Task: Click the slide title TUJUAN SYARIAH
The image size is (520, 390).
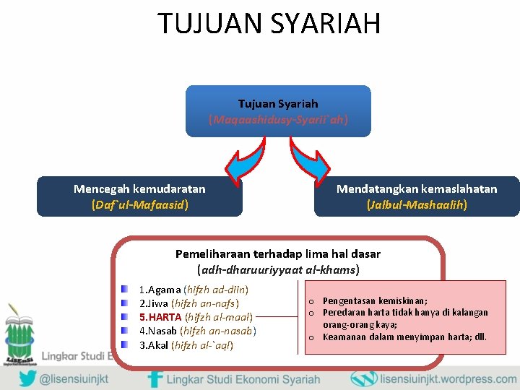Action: [269, 23]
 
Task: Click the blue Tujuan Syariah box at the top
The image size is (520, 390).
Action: [278, 111]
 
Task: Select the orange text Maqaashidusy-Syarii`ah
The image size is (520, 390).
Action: [278, 119]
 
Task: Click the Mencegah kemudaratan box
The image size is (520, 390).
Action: [139, 196]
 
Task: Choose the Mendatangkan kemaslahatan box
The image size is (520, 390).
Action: [417, 196]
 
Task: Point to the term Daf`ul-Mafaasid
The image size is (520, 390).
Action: [139, 204]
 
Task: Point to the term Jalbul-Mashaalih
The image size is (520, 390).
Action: [417, 204]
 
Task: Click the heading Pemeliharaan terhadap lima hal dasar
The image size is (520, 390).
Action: [277, 254]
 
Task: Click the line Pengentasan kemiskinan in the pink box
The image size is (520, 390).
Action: [375, 300]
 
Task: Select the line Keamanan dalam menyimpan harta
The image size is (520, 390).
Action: [404, 337]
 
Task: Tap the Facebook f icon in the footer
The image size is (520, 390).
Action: [155, 379]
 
